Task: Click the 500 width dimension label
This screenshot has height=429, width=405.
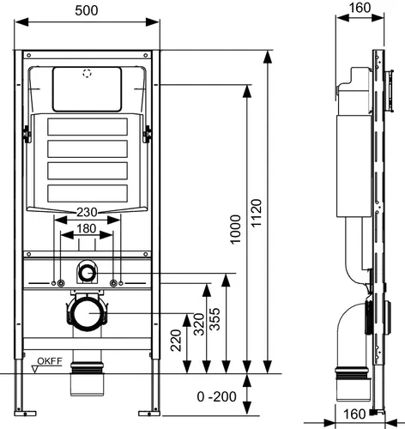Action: (87, 10)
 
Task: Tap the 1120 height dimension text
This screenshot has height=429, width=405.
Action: (257, 213)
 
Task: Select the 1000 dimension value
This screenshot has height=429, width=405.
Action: (236, 229)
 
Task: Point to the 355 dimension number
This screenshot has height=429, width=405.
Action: (215, 319)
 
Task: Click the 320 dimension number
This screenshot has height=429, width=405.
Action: (199, 324)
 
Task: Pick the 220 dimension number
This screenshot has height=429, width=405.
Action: (176, 341)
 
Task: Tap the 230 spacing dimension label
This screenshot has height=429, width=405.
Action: (87, 212)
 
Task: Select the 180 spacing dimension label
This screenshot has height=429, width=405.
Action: (87, 228)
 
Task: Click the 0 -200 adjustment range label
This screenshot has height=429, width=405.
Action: (216, 396)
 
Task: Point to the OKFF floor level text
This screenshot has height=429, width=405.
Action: (50, 361)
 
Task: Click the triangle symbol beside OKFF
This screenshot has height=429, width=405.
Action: (35, 370)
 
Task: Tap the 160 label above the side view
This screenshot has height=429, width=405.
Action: (360, 8)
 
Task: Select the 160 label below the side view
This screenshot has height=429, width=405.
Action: (354, 414)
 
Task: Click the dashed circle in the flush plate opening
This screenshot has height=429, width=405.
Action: (88, 73)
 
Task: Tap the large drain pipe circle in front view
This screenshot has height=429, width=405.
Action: (86, 313)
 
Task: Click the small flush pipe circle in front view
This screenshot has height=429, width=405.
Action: (87, 273)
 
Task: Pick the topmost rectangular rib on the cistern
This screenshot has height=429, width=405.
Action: (88, 127)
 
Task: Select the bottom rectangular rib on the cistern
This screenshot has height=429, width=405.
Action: (88, 193)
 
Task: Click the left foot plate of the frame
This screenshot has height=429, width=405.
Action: (25, 414)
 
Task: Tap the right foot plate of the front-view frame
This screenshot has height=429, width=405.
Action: (149, 414)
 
